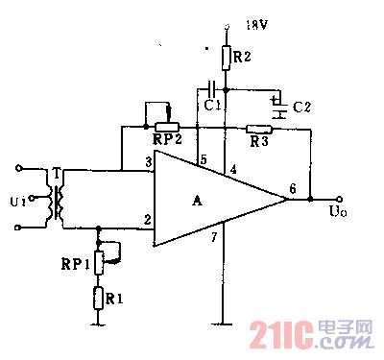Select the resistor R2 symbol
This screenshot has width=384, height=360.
(x=225, y=57)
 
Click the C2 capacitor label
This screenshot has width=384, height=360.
(x=300, y=105)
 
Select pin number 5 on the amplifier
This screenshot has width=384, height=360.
(x=203, y=158)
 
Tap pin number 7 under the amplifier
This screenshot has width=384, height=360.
(x=216, y=236)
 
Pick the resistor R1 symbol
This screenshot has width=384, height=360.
(x=99, y=298)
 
